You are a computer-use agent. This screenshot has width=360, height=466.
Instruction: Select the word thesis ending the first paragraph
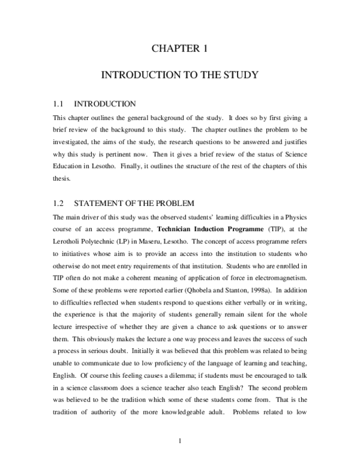click(x=62, y=178)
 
